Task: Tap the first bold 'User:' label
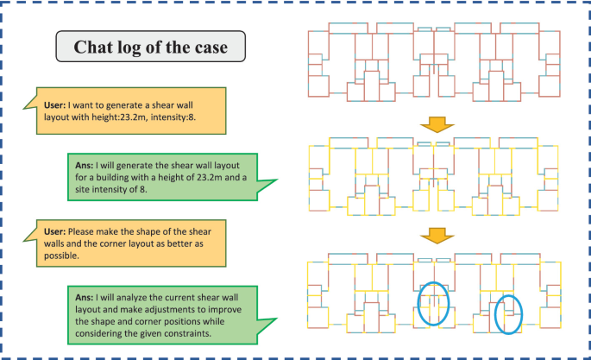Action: (x=55, y=104)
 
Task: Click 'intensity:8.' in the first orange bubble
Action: (x=180, y=116)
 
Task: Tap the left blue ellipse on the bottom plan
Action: (x=434, y=306)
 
